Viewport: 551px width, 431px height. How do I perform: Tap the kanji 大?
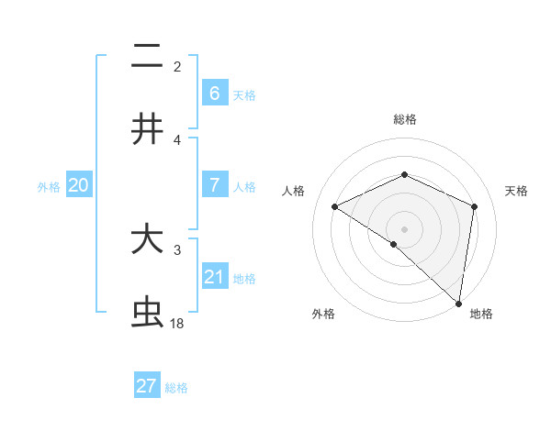(147, 239)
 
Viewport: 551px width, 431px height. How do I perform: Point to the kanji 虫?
(147, 313)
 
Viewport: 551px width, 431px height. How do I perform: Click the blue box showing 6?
(214, 93)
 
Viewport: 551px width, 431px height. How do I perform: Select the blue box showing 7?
(214, 185)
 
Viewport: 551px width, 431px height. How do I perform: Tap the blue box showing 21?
(214, 277)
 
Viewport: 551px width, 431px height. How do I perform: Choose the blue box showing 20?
(79, 185)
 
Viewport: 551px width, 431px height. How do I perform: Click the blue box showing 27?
(147, 386)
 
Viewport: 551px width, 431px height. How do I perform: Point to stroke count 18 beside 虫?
(177, 324)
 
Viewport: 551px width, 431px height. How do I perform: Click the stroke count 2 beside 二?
(177, 66)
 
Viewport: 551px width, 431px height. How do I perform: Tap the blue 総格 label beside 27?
(176, 388)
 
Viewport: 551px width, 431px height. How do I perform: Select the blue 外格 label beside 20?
(49, 187)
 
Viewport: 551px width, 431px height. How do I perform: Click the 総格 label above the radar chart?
(405, 119)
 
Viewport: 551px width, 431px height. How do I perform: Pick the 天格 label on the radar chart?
(517, 191)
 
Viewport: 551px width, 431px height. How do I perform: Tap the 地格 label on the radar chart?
(481, 314)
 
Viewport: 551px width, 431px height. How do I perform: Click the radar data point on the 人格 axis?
(335, 207)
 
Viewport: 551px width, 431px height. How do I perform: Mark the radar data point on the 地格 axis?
(459, 303)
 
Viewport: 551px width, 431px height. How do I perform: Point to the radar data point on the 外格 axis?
(394, 244)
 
